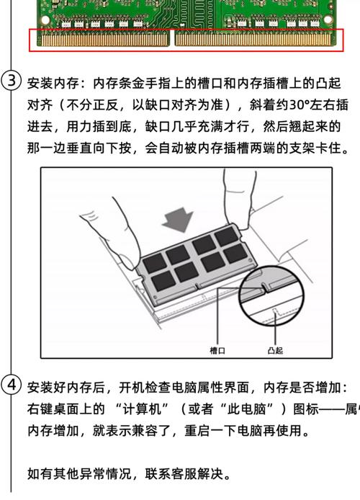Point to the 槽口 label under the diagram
point(217,350)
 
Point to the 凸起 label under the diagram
point(274,350)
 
